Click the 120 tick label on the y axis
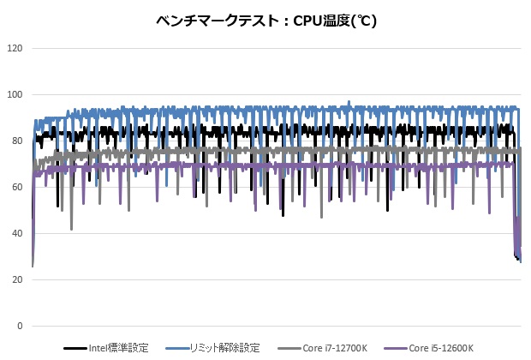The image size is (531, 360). (x=15, y=48)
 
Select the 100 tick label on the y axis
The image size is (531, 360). (x=15, y=94)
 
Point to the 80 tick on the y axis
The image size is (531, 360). (x=17, y=141)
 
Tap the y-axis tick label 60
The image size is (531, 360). (x=17, y=187)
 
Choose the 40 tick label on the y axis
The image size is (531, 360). (x=17, y=233)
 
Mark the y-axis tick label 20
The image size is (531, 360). (x=17, y=279)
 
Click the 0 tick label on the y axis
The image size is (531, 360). (x=21, y=327)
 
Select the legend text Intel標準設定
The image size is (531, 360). (x=118, y=348)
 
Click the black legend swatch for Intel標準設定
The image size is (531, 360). (x=75, y=349)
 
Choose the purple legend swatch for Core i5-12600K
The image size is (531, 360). (x=394, y=349)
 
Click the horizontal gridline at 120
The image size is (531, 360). (x=274, y=48)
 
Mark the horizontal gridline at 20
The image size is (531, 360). (x=274, y=279)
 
